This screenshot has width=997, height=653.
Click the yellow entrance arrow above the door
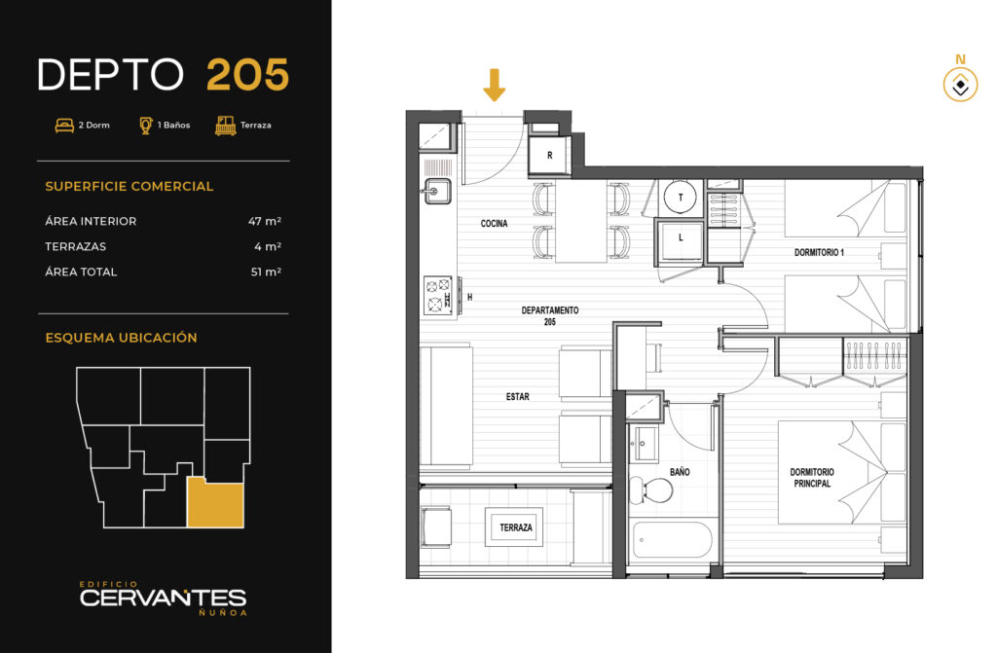click(x=494, y=85)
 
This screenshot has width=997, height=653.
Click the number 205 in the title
click(x=248, y=75)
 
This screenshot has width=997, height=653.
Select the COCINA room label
click(x=494, y=223)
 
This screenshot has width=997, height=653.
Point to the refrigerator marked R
click(x=550, y=155)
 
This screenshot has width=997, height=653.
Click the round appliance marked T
click(x=681, y=198)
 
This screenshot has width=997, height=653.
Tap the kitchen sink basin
click(x=435, y=191)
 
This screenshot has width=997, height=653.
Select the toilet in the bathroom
click(x=650, y=490)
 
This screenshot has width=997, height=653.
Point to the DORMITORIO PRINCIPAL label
click(x=812, y=478)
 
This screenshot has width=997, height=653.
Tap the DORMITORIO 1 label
click(x=819, y=252)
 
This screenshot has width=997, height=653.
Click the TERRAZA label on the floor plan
click(x=516, y=527)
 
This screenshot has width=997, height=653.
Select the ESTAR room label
click(x=518, y=396)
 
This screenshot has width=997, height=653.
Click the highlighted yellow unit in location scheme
click(x=215, y=502)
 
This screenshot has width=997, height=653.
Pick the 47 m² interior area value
click(x=265, y=221)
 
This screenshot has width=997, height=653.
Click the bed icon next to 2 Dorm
click(x=64, y=126)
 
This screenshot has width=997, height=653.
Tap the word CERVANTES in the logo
click(x=163, y=598)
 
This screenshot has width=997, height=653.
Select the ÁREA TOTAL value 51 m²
click(x=266, y=272)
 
